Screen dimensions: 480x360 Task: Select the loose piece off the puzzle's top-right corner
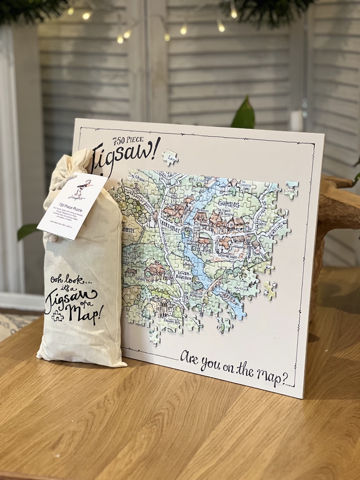(291, 190)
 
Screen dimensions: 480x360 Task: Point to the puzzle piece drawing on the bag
(57, 316)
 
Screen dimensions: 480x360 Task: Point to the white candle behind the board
(296, 120)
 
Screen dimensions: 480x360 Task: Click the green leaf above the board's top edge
(244, 114)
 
